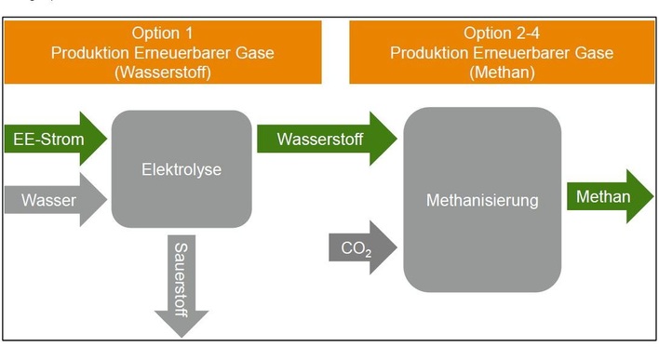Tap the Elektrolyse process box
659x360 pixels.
(182, 169)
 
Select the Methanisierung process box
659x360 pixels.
(482, 199)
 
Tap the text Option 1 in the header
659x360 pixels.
(162, 34)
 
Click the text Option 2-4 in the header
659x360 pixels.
(502, 34)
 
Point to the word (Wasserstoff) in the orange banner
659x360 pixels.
(162, 72)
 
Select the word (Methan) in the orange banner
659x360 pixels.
(502, 72)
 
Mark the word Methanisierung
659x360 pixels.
(482, 199)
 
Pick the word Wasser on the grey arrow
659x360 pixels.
(47, 199)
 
